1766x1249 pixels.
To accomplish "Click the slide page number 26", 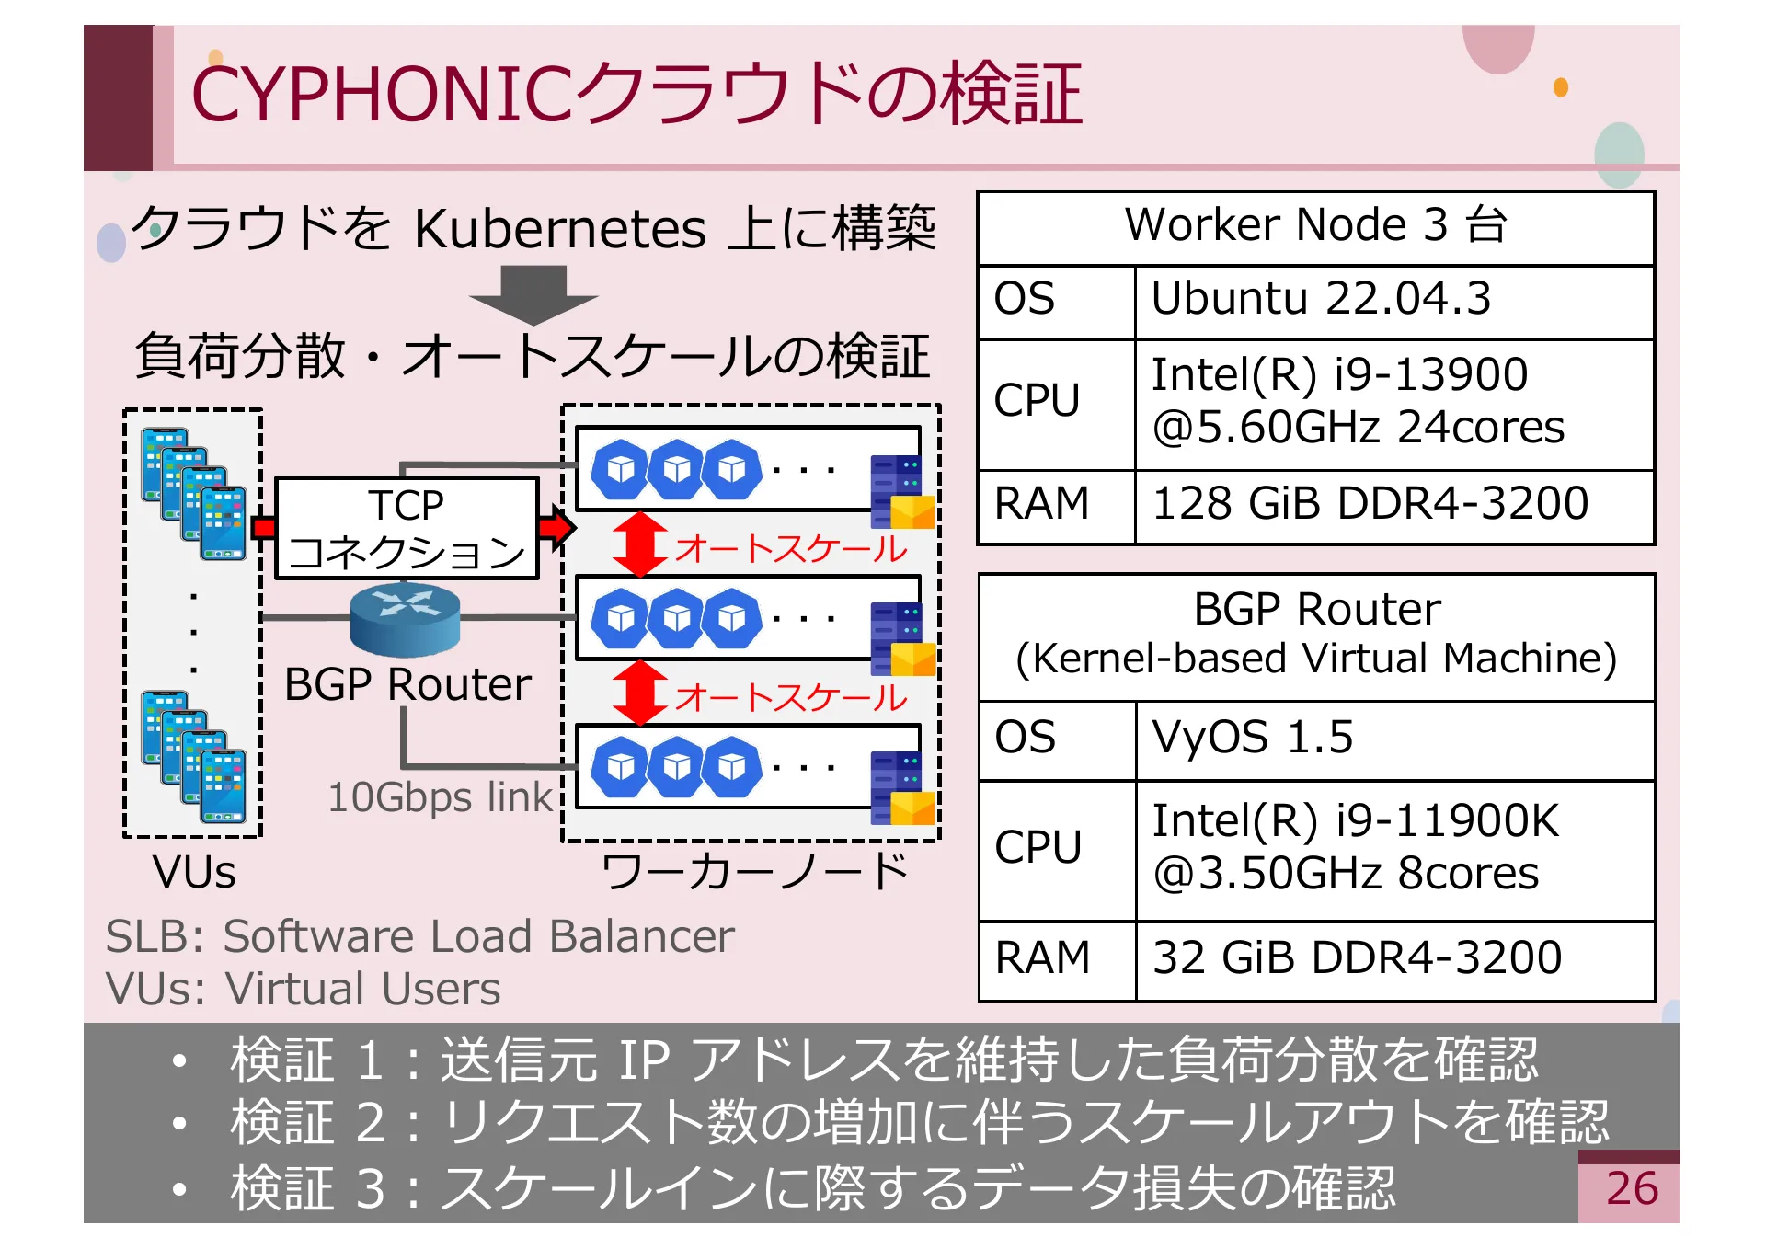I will point(1631,1188).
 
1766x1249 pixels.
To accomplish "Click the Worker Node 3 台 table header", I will point(1315,225).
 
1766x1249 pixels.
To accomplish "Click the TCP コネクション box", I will point(407,528).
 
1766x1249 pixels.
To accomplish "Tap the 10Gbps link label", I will point(440,797).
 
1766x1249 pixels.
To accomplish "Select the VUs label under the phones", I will point(194,871).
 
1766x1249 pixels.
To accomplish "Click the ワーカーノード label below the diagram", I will point(754,871).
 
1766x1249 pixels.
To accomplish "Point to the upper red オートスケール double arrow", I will point(640,544).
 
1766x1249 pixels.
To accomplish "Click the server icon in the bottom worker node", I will point(902,787).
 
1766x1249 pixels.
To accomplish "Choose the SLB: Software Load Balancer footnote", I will point(419,936).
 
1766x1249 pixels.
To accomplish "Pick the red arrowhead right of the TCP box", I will point(557,527).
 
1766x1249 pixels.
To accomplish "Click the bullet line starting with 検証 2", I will point(920,1123).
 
